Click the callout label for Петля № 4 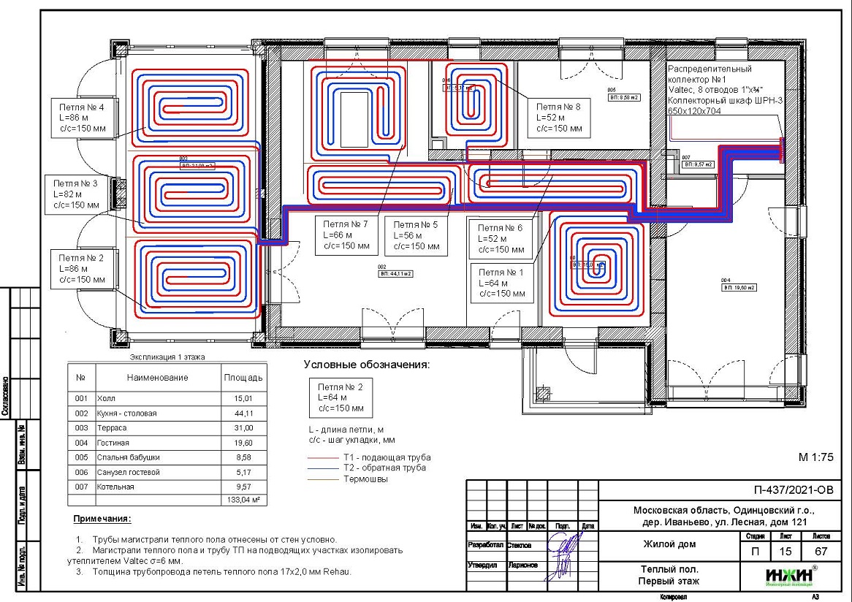coord(81,118)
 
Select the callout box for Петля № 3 coord(75,194)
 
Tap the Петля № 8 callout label coord(559,117)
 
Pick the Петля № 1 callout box coord(502,283)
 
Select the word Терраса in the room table coord(113,428)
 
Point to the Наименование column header coord(156,378)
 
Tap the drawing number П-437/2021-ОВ coord(792,489)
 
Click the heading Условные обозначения coord(365,364)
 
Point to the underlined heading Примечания coord(102,519)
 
